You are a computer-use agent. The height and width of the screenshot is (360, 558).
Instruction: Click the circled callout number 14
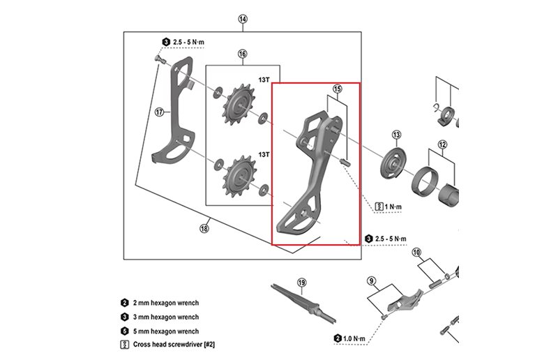(243, 19)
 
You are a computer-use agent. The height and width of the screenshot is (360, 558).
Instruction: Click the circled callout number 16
(242, 54)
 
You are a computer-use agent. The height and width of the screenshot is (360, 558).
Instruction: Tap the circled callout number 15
(337, 89)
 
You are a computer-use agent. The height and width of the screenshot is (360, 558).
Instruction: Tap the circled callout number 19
(301, 283)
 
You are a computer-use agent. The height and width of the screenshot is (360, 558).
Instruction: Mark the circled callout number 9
(372, 281)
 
